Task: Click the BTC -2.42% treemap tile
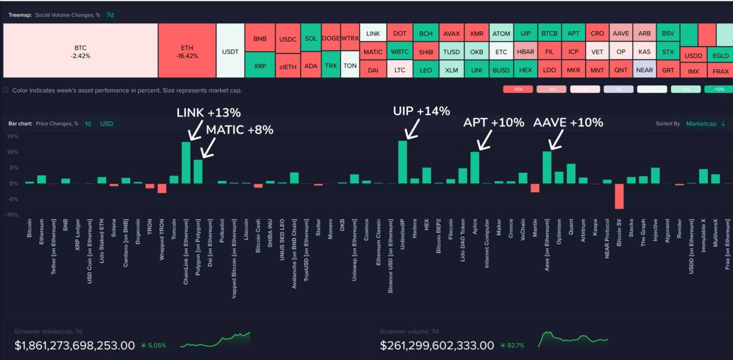click(x=80, y=52)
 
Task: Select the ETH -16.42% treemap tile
click(x=187, y=52)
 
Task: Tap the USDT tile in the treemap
click(x=230, y=52)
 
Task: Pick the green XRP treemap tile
click(x=259, y=66)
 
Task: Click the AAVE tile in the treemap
click(x=621, y=34)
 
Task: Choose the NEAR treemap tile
click(x=644, y=70)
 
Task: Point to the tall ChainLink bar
click(x=186, y=163)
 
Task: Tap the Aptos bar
click(x=475, y=167)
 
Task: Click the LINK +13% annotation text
click(x=208, y=113)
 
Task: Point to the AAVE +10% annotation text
click(x=568, y=122)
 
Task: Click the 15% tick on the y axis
click(x=11, y=136)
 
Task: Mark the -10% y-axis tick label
click(x=11, y=215)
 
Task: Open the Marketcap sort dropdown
click(x=705, y=124)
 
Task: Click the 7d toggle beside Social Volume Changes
click(x=111, y=15)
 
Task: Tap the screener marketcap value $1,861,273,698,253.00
click(x=74, y=346)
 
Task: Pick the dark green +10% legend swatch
click(x=719, y=89)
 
